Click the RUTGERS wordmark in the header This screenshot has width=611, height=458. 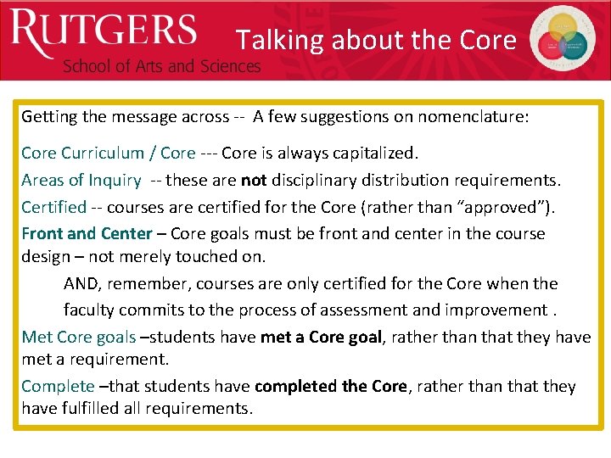pyautogui.click(x=104, y=31)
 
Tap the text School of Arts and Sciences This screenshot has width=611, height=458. pyautogui.click(x=161, y=66)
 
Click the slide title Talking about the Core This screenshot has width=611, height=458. pyautogui.click(x=376, y=40)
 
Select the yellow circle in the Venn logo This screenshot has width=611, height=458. pyautogui.click(x=564, y=29)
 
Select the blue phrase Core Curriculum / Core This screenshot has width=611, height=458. pyautogui.click(x=108, y=154)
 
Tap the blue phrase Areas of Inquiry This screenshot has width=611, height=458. pyautogui.click(x=81, y=180)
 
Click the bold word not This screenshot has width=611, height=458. pyautogui.click(x=254, y=180)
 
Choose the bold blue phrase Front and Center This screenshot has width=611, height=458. pyautogui.click(x=87, y=233)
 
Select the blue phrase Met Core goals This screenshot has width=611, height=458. pyautogui.click(x=78, y=337)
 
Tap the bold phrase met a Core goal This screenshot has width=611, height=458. pyautogui.click(x=322, y=337)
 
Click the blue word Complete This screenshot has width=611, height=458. pyautogui.click(x=58, y=386)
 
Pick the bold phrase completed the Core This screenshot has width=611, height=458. pyautogui.click(x=330, y=386)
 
